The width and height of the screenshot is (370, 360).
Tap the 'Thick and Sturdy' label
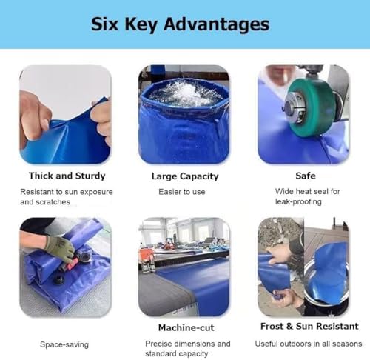[67, 176]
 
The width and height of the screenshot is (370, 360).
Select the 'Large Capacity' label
[185, 176]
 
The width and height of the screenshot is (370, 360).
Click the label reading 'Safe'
[305, 176]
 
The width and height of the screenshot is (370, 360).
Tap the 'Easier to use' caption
[185, 191]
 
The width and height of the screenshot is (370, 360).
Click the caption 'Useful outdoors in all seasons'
[306, 344]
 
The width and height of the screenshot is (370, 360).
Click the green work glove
[59, 247]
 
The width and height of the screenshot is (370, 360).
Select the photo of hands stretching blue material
[65, 115]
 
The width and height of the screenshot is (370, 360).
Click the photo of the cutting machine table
[184, 267]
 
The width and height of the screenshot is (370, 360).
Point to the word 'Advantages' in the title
[221, 24]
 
